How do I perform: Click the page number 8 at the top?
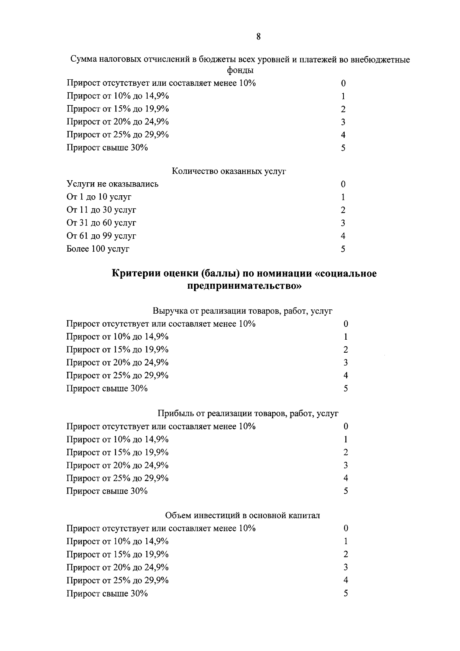coord(258,37)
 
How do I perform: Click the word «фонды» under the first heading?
coord(240,70)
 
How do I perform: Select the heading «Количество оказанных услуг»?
coord(229,171)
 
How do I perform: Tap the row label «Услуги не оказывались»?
coord(112,184)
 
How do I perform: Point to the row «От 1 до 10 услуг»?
coord(99,197)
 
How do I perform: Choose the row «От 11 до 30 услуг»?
coord(101,210)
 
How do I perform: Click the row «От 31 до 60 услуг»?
coord(101,223)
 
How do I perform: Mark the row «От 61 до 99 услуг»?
coord(101,236)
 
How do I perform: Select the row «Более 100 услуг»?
coord(98,249)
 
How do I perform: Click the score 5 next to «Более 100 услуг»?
coord(343,249)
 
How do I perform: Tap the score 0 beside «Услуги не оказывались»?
coord(343,184)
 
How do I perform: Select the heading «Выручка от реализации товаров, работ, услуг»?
coord(243,311)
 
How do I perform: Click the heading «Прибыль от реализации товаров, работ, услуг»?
coord(248,413)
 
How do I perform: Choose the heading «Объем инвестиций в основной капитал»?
coord(243,515)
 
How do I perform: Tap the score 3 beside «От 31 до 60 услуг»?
coord(343,223)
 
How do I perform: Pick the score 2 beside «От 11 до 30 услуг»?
coord(343,210)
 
